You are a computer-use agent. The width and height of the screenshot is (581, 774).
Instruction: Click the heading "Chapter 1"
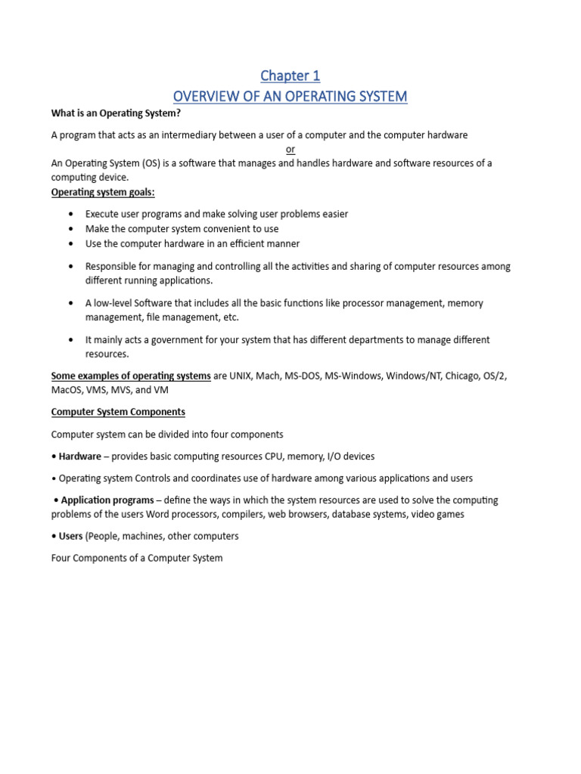(x=290, y=76)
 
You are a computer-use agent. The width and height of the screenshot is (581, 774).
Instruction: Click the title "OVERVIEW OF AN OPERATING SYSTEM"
(x=290, y=97)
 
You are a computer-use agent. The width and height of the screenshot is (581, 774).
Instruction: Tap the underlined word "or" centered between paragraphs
(x=290, y=150)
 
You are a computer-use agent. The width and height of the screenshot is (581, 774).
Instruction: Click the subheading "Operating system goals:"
(x=102, y=192)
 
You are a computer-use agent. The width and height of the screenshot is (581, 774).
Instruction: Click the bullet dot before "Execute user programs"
(x=71, y=215)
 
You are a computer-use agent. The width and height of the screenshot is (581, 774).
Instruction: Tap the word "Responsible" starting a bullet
(x=111, y=267)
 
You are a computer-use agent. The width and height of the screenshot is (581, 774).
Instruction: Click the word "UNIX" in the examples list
(x=246, y=376)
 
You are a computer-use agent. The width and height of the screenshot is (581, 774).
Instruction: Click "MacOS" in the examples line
(x=67, y=391)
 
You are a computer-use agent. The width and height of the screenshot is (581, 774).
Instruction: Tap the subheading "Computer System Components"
(x=118, y=413)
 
